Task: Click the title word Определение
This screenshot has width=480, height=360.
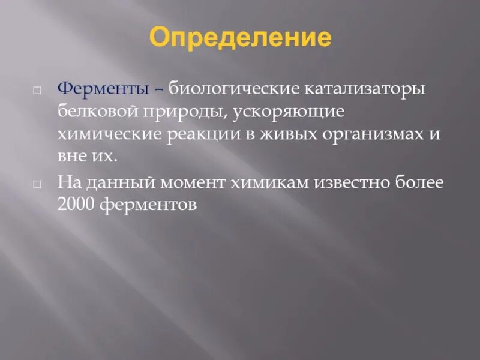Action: tap(240, 38)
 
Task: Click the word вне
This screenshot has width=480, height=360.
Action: tap(71, 157)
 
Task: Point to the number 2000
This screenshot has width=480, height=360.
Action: tap(77, 205)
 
